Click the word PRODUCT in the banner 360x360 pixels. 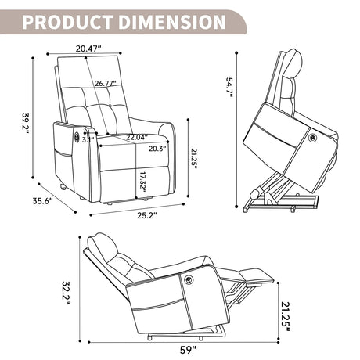[67, 22]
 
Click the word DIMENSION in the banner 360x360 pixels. [172, 22]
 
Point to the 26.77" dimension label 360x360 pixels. [106, 84]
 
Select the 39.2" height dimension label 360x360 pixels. [26, 123]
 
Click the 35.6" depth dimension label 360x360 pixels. [42, 201]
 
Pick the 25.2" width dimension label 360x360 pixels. [147, 215]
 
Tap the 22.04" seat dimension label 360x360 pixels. [137, 137]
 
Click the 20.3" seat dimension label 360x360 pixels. [157, 149]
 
